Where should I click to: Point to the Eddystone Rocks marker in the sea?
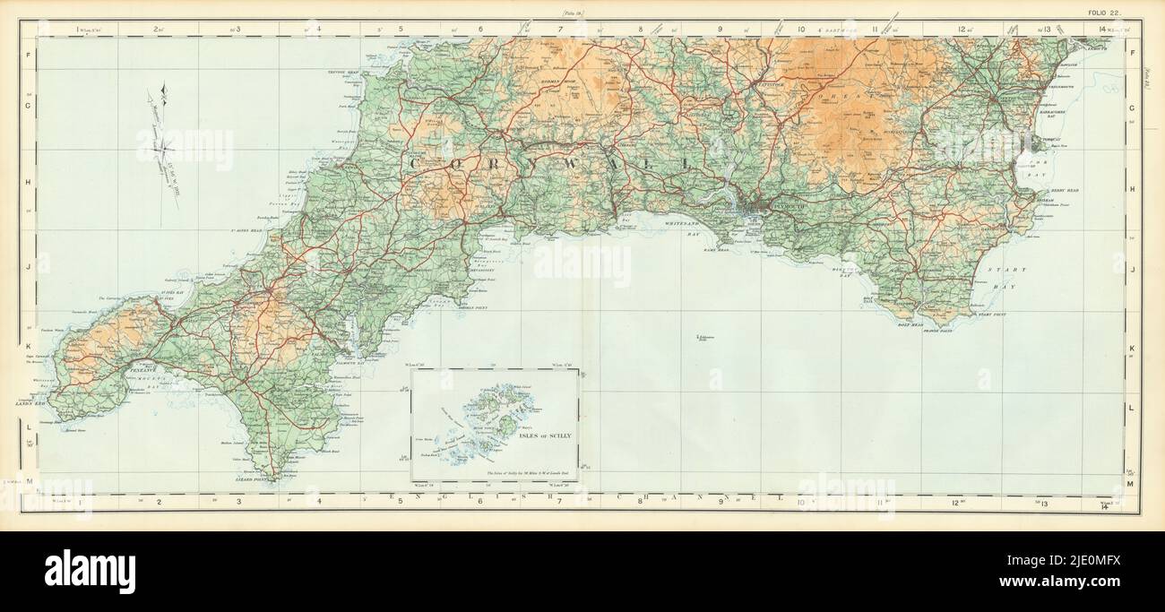pos(700,337)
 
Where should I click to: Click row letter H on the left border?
pos(29,189)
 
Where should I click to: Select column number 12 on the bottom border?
pos(961,502)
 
